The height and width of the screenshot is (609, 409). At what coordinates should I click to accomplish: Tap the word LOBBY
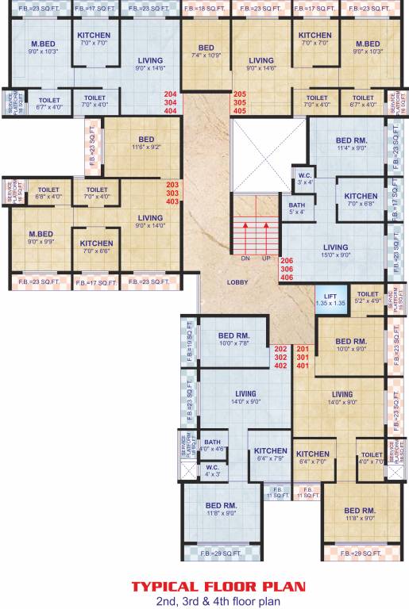pos(237,282)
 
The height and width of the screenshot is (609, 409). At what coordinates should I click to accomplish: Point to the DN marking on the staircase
pos(247,259)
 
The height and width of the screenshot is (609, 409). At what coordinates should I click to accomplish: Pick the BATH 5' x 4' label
pos(295,208)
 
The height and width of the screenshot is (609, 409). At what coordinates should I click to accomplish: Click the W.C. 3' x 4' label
pos(305,178)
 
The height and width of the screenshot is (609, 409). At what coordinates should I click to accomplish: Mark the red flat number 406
pos(287,278)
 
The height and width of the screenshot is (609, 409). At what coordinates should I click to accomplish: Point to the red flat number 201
pos(303,349)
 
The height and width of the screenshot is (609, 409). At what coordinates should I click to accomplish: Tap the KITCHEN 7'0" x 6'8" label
pos(361,199)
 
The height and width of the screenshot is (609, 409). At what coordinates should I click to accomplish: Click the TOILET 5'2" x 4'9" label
pos(367,297)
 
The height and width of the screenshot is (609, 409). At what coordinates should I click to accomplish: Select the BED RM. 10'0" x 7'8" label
pos(234,339)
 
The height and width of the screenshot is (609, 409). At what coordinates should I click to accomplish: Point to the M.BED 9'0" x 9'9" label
pos(40,237)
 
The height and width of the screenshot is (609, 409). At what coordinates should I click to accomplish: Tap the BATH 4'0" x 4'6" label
pos(212,445)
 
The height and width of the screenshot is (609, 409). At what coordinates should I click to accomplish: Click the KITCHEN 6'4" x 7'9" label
pos(271,454)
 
